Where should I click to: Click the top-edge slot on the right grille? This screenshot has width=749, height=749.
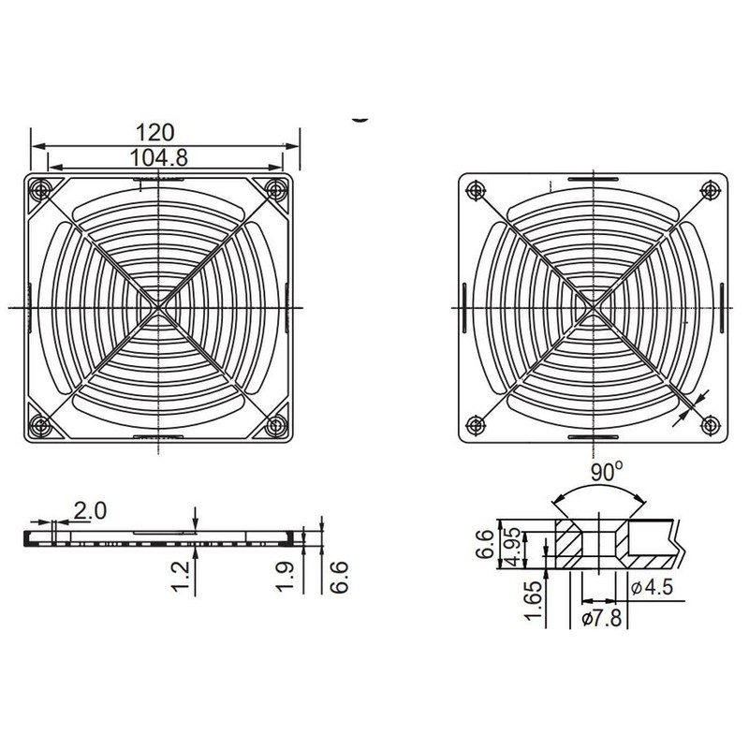coord(592,178)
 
